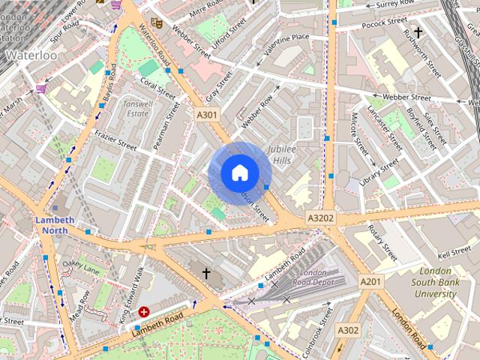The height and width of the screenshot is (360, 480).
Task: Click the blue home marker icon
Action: click(x=239, y=173)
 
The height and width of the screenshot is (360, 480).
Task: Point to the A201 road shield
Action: click(x=370, y=281)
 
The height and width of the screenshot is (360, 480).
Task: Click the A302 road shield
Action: click(x=347, y=330)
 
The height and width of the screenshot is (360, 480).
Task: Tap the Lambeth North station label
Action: click(x=55, y=225)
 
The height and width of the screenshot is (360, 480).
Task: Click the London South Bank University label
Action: click(x=437, y=283)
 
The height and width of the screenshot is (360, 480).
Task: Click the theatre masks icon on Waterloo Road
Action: click(x=156, y=23)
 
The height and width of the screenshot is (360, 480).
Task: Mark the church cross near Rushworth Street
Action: click(x=418, y=32)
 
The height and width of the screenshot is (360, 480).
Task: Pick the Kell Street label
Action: click(x=455, y=253)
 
